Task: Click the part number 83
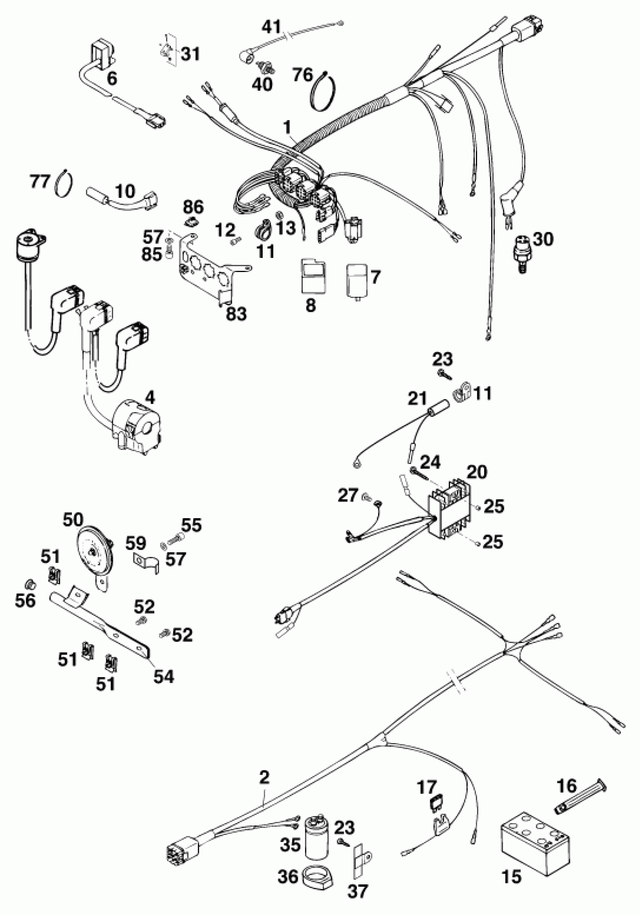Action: pos(236,314)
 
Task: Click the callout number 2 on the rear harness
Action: pos(264,777)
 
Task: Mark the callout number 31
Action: pos(190,54)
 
